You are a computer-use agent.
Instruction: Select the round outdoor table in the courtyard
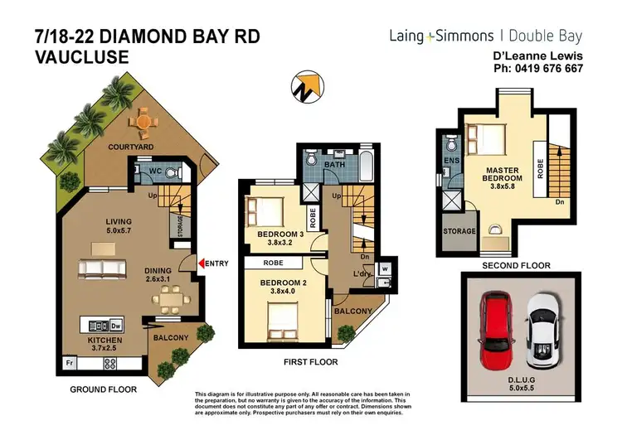143,124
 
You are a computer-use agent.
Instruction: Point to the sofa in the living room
103,268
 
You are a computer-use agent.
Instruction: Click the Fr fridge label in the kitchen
69,362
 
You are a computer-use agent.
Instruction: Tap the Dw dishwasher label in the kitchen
117,324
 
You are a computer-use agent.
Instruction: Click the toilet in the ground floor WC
173,173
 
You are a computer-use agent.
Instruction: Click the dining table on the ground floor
165,296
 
